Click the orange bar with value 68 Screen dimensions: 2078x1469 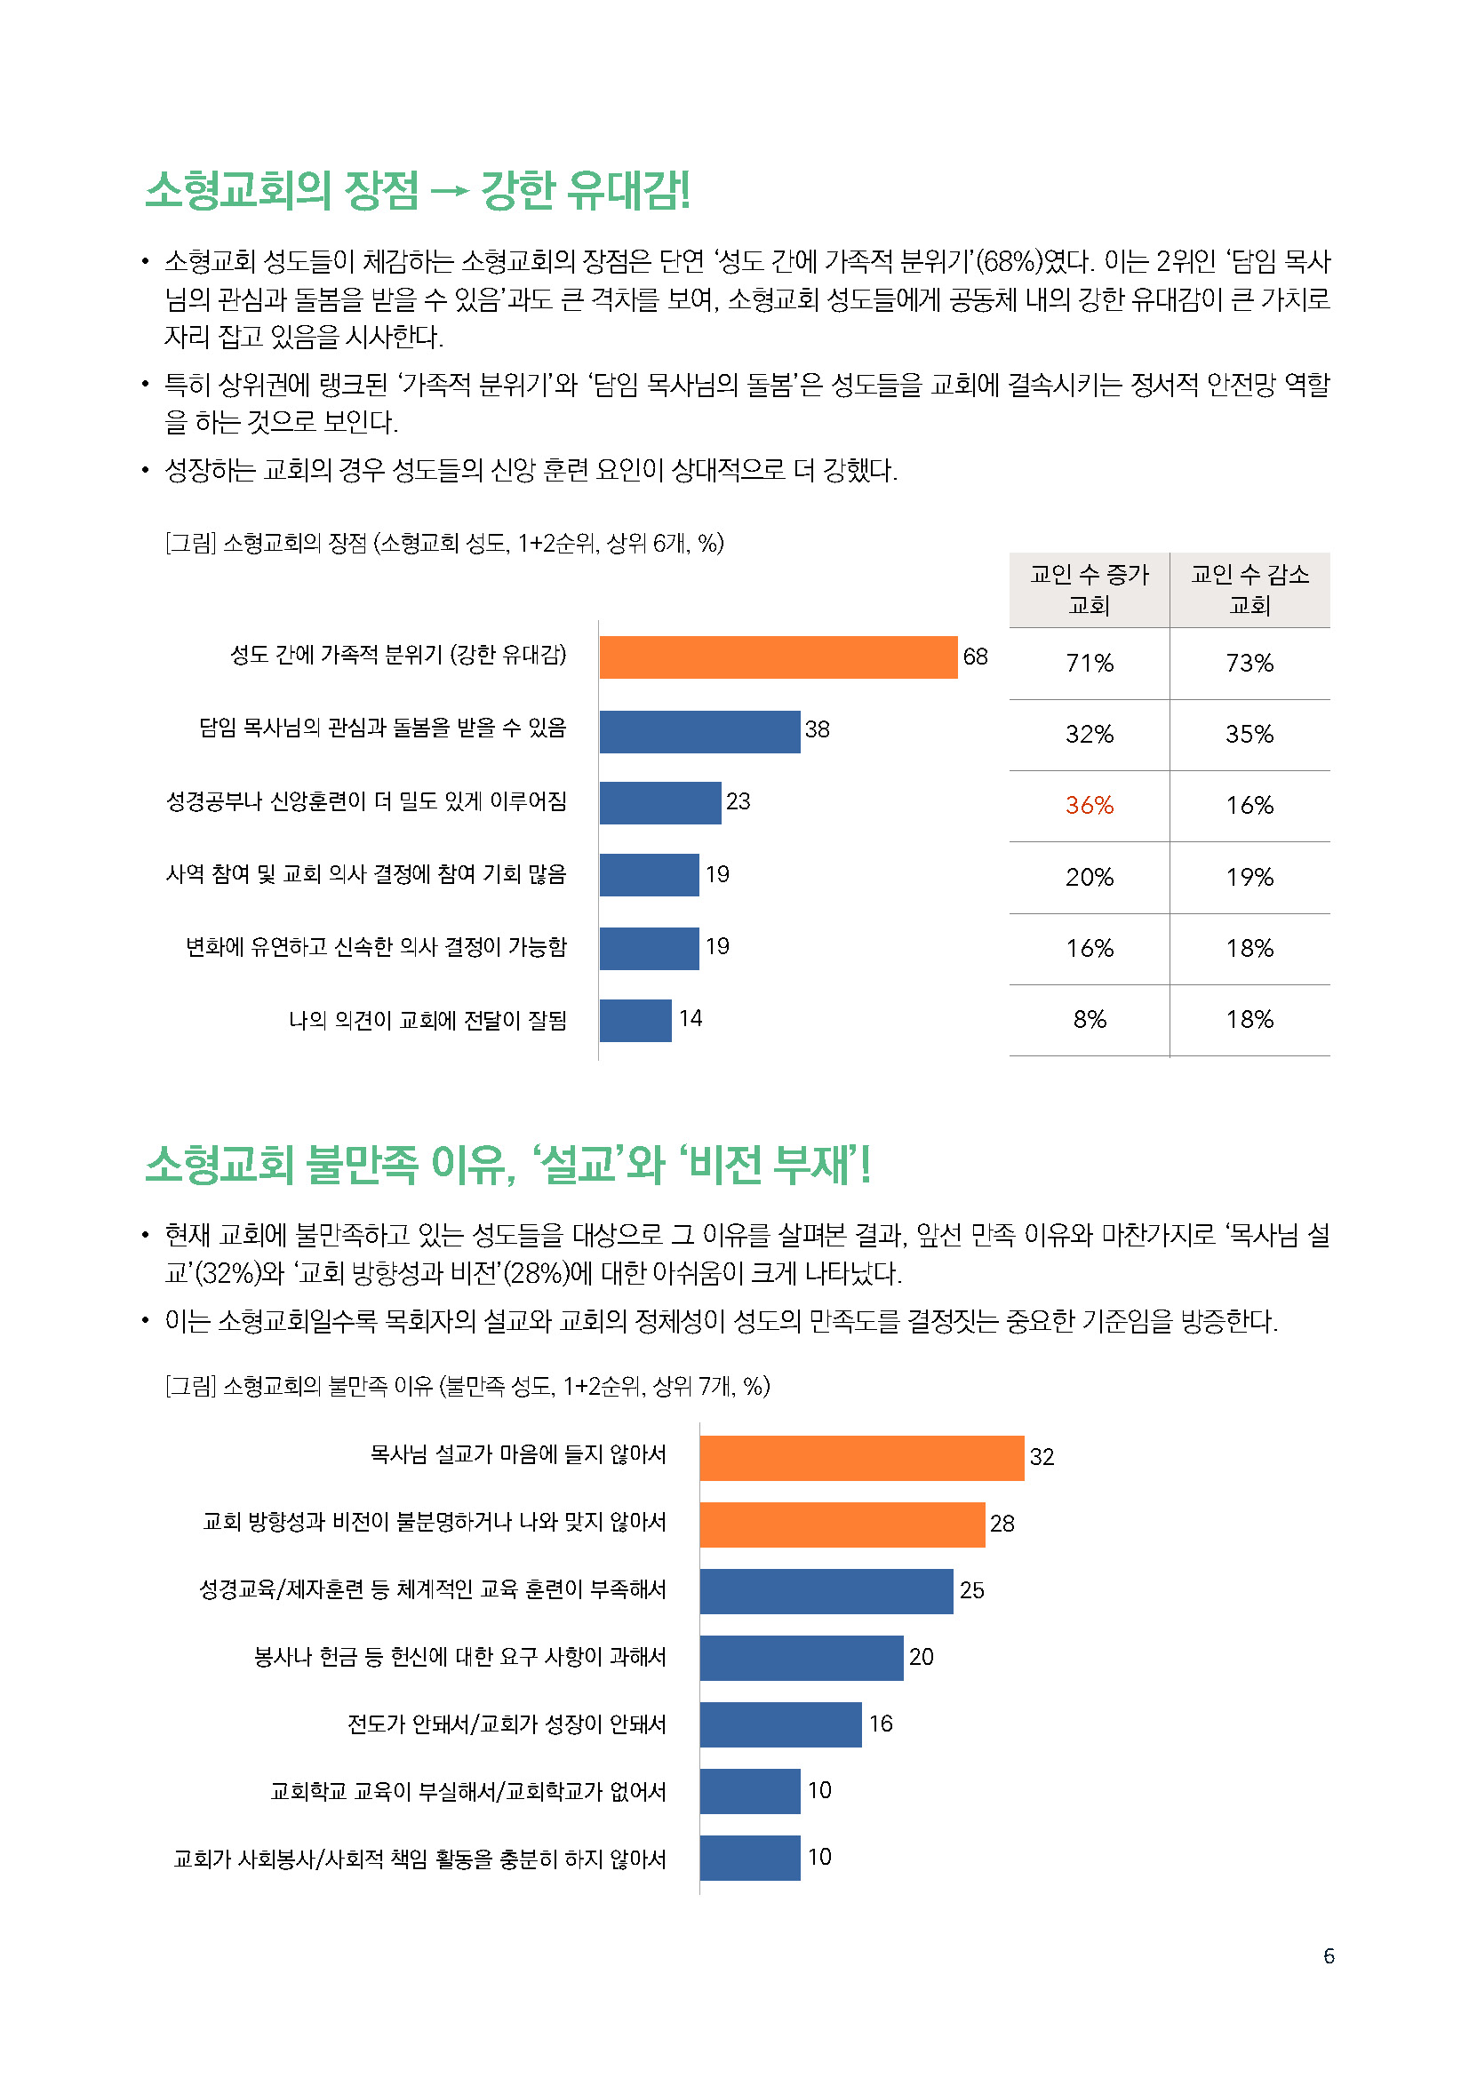[x=778, y=657]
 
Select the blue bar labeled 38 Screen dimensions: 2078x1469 [x=699, y=731]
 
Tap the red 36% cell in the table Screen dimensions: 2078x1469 [x=1089, y=805]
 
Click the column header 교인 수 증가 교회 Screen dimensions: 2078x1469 [x=1089, y=589]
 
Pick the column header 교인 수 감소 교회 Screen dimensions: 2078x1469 [x=1249, y=589]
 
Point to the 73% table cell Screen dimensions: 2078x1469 [x=1249, y=664]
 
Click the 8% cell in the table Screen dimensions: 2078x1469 [x=1089, y=1019]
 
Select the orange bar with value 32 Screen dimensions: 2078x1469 [x=861, y=1457]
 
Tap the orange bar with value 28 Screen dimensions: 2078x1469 [x=842, y=1525]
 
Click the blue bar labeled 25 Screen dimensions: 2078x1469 [x=826, y=1591]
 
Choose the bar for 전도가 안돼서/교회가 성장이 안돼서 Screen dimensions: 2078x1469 [x=780, y=1724]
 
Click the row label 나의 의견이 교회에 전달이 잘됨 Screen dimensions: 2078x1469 [x=427, y=1020]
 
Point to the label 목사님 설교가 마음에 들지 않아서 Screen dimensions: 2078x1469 [x=518, y=1454]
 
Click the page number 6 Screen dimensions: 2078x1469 [x=1328, y=1955]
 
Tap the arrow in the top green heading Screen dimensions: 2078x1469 [x=449, y=191]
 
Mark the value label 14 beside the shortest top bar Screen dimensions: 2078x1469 [x=691, y=1019]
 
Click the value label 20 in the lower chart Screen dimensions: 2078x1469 [x=921, y=1657]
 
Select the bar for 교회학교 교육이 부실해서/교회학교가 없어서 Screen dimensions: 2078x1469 [x=749, y=1791]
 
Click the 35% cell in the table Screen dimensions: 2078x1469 [x=1249, y=734]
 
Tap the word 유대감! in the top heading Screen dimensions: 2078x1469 [x=627, y=190]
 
